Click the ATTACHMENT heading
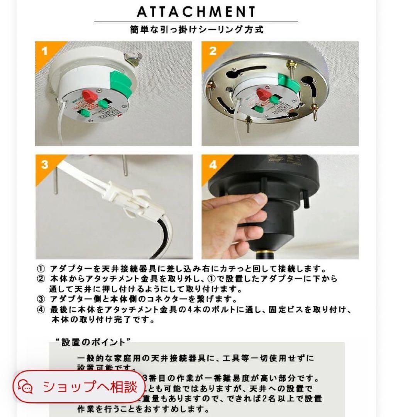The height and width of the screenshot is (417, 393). click(x=196, y=12)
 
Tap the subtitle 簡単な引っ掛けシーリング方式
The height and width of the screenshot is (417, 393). click(x=196, y=29)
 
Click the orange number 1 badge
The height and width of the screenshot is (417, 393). click(x=45, y=51)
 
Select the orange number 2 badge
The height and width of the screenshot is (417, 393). click(x=213, y=51)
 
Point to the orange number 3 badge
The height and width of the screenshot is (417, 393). click(x=45, y=164)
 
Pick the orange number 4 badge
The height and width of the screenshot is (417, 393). click(x=213, y=164)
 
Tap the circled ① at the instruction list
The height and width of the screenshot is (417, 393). click(x=41, y=269)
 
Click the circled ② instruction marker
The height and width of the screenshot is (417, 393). click(x=41, y=279)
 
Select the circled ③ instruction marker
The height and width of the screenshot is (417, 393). click(x=41, y=299)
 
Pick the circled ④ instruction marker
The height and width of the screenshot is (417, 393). click(x=41, y=310)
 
